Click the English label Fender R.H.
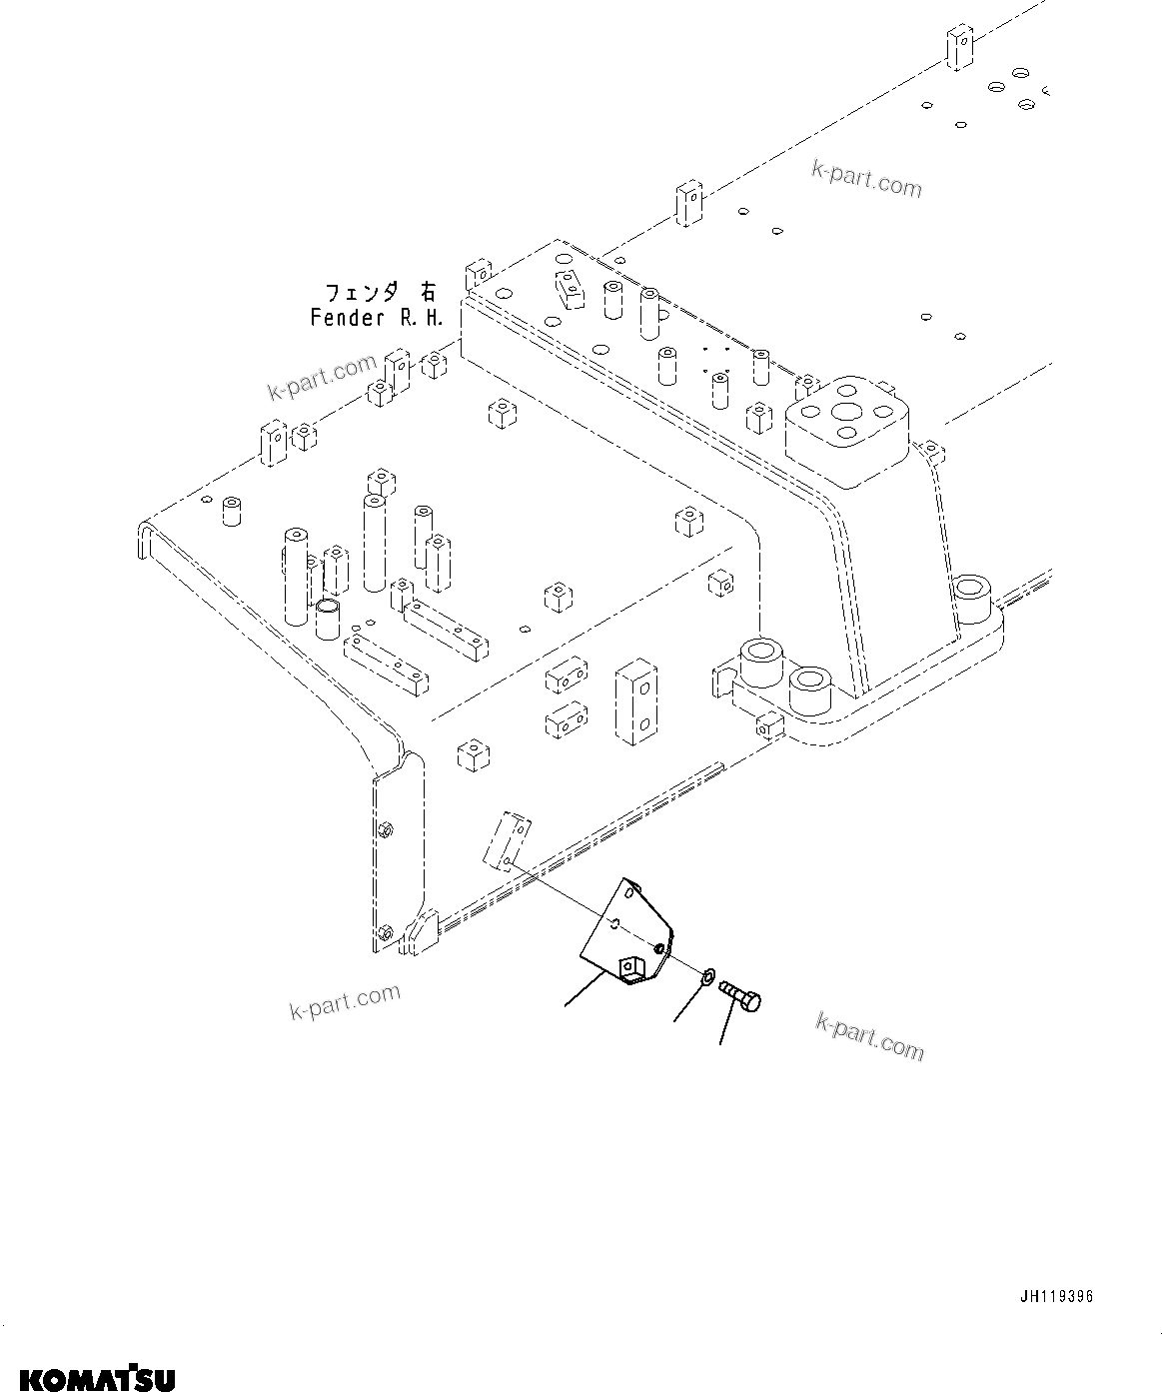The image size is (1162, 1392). click(x=376, y=318)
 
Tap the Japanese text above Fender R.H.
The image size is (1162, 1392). click(x=380, y=292)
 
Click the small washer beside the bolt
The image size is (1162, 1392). click(x=707, y=975)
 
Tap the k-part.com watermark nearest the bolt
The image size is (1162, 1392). click(x=869, y=1034)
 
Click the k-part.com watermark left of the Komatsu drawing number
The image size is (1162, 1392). click(x=345, y=1002)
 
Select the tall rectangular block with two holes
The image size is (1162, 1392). click(x=636, y=701)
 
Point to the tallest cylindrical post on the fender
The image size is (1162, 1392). click(x=375, y=541)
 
